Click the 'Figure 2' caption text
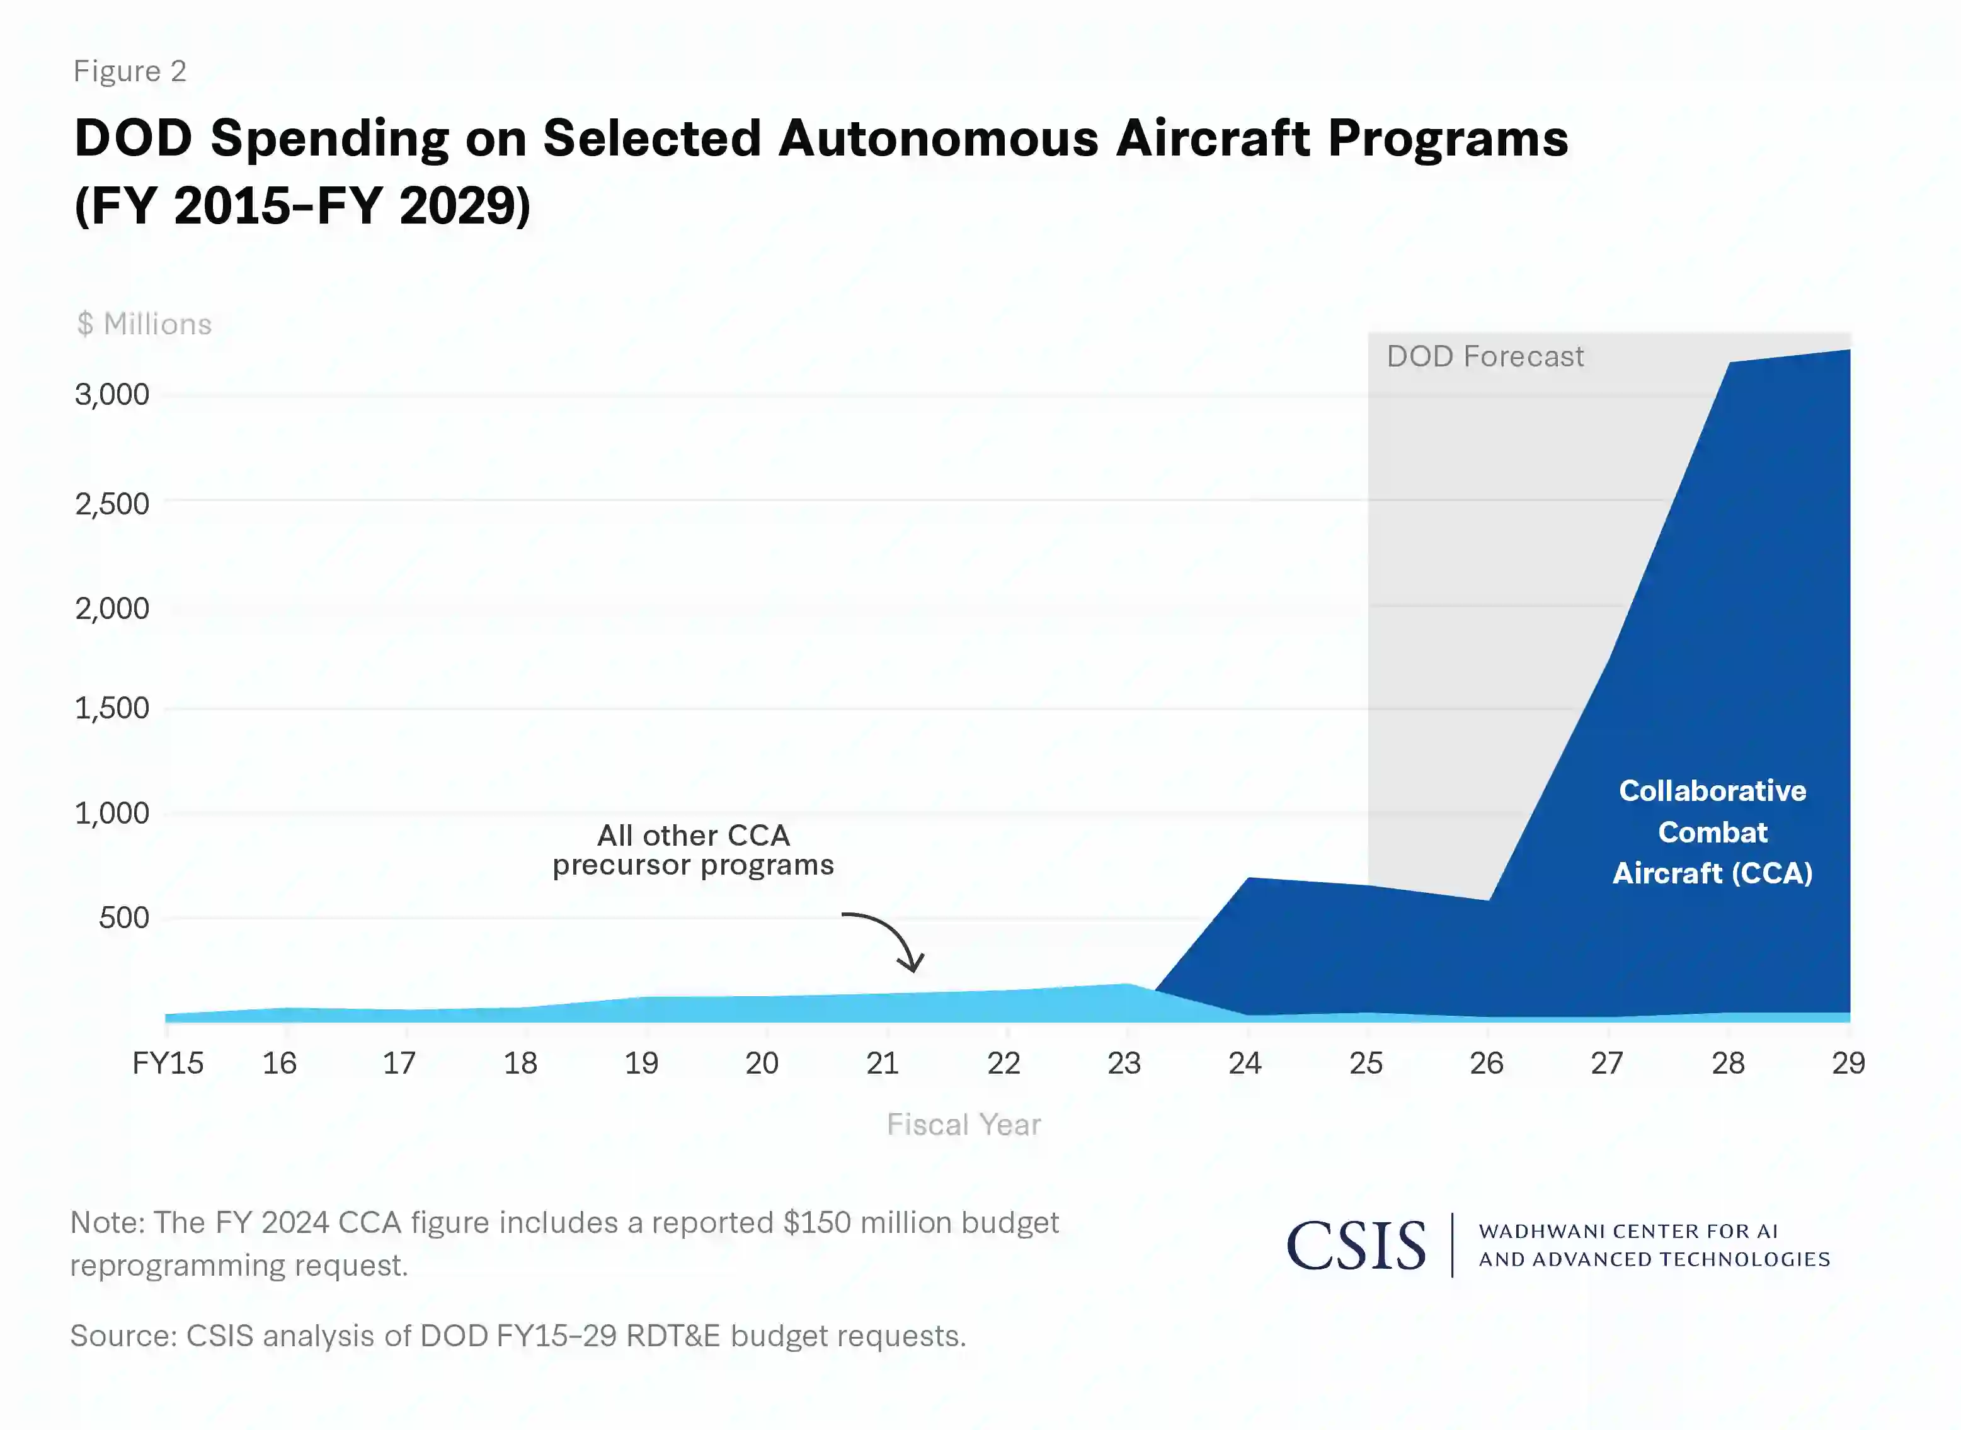point(130,71)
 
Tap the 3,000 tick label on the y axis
point(113,395)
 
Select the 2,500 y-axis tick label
point(113,504)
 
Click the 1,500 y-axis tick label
point(113,709)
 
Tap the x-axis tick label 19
point(641,1063)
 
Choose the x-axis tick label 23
point(1124,1063)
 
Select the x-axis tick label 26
point(1487,1063)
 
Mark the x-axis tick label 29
point(1848,1063)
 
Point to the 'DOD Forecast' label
point(1485,356)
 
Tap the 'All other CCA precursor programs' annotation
point(694,850)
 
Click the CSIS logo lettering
point(1356,1247)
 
